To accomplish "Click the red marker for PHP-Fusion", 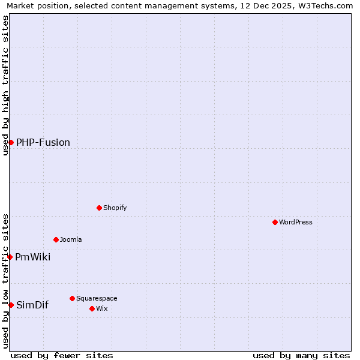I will [x=11, y=142].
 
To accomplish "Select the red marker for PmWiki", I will [x=10, y=257].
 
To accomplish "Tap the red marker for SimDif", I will [x=11, y=305].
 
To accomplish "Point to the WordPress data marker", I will [x=275, y=222].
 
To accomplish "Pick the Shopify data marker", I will [x=99, y=208].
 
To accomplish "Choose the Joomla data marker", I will [x=56, y=239].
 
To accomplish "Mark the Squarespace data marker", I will [x=72, y=298].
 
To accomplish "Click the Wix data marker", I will [x=92, y=308].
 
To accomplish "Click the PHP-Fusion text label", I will [x=43, y=143].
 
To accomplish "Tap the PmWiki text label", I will [x=33, y=257].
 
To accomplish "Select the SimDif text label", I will [x=32, y=305].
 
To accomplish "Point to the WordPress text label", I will [x=296, y=223].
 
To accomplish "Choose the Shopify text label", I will [x=115, y=208].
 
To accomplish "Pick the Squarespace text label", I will [x=97, y=299].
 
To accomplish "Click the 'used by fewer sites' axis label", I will [x=62, y=355].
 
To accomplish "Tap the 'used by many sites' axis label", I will [x=301, y=355].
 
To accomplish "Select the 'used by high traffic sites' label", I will [x=5, y=85].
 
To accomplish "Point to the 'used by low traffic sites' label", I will [x=5, y=281].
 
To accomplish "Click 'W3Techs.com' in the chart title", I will [x=327, y=5].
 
